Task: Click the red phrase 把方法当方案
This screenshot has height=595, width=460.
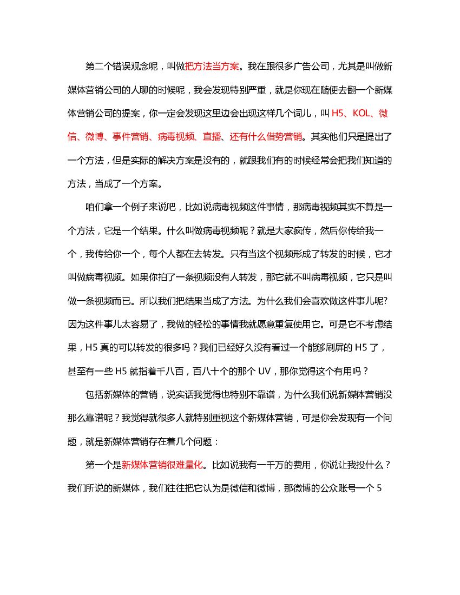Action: click(212, 67)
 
